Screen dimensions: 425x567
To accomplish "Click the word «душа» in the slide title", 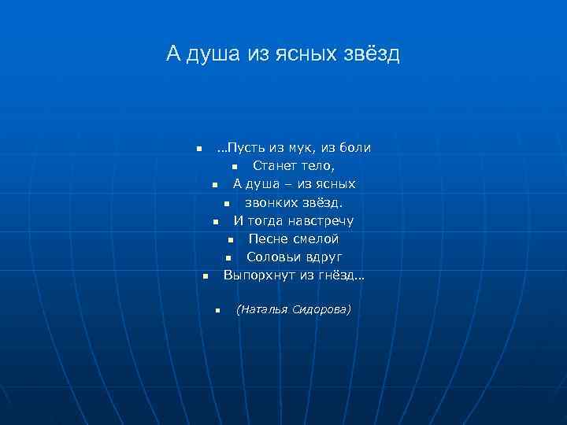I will click(x=215, y=54).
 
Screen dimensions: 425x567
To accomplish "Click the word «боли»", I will click(x=354, y=147).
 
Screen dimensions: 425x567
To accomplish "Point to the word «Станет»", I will click(x=274, y=165).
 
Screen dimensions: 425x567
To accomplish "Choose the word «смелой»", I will click(x=315, y=238).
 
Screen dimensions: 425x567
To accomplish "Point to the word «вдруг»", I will click(x=322, y=257).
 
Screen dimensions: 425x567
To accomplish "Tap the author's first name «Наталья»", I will click(x=265, y=309).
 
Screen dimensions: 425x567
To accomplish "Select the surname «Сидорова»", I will click(x=319, y=309).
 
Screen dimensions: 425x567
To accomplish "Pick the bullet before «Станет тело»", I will click(x=235, y=167).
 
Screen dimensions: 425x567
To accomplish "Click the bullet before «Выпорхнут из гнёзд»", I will click(x=204, y=276).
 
